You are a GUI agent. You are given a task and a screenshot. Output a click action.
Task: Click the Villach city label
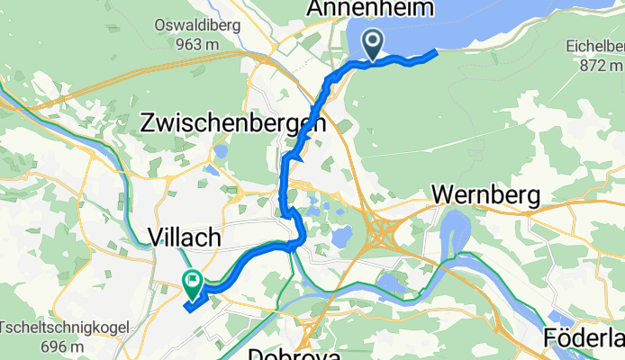point(184,238)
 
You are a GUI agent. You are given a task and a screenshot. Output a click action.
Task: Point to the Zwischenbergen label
point(233,124)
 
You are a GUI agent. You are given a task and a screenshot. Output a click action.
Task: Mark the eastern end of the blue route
point(435,52)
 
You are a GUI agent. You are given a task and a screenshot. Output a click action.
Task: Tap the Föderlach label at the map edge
point(584,338)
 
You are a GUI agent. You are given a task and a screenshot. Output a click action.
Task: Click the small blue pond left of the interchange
point(340,238)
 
